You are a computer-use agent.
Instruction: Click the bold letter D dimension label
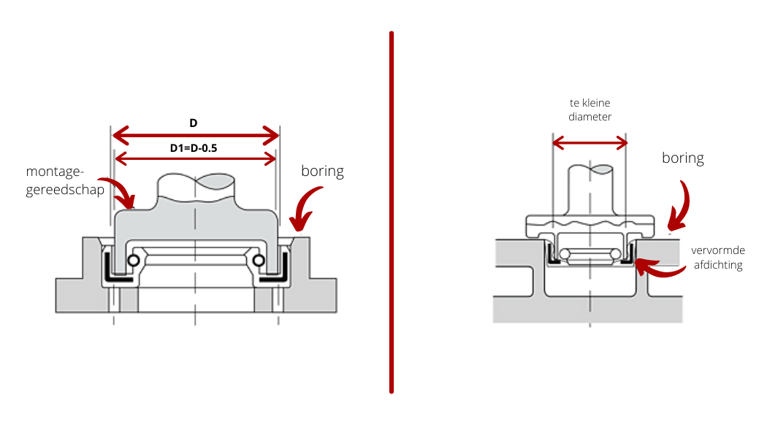(194, 123)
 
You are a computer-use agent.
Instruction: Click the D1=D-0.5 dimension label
(194, 148)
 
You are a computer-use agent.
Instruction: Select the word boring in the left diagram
(322, 172)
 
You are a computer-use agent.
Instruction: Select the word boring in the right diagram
(683, 158)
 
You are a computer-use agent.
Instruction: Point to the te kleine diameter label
(590, 109)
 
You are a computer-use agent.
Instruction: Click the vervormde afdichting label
(717, 257)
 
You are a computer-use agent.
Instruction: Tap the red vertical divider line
(392, 212)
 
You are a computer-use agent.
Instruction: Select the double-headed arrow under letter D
(196, 135)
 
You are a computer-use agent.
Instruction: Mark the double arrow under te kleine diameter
(590, 142)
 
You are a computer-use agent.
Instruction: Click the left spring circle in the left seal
(134, 261)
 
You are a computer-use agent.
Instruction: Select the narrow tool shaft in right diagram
(590, 190)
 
